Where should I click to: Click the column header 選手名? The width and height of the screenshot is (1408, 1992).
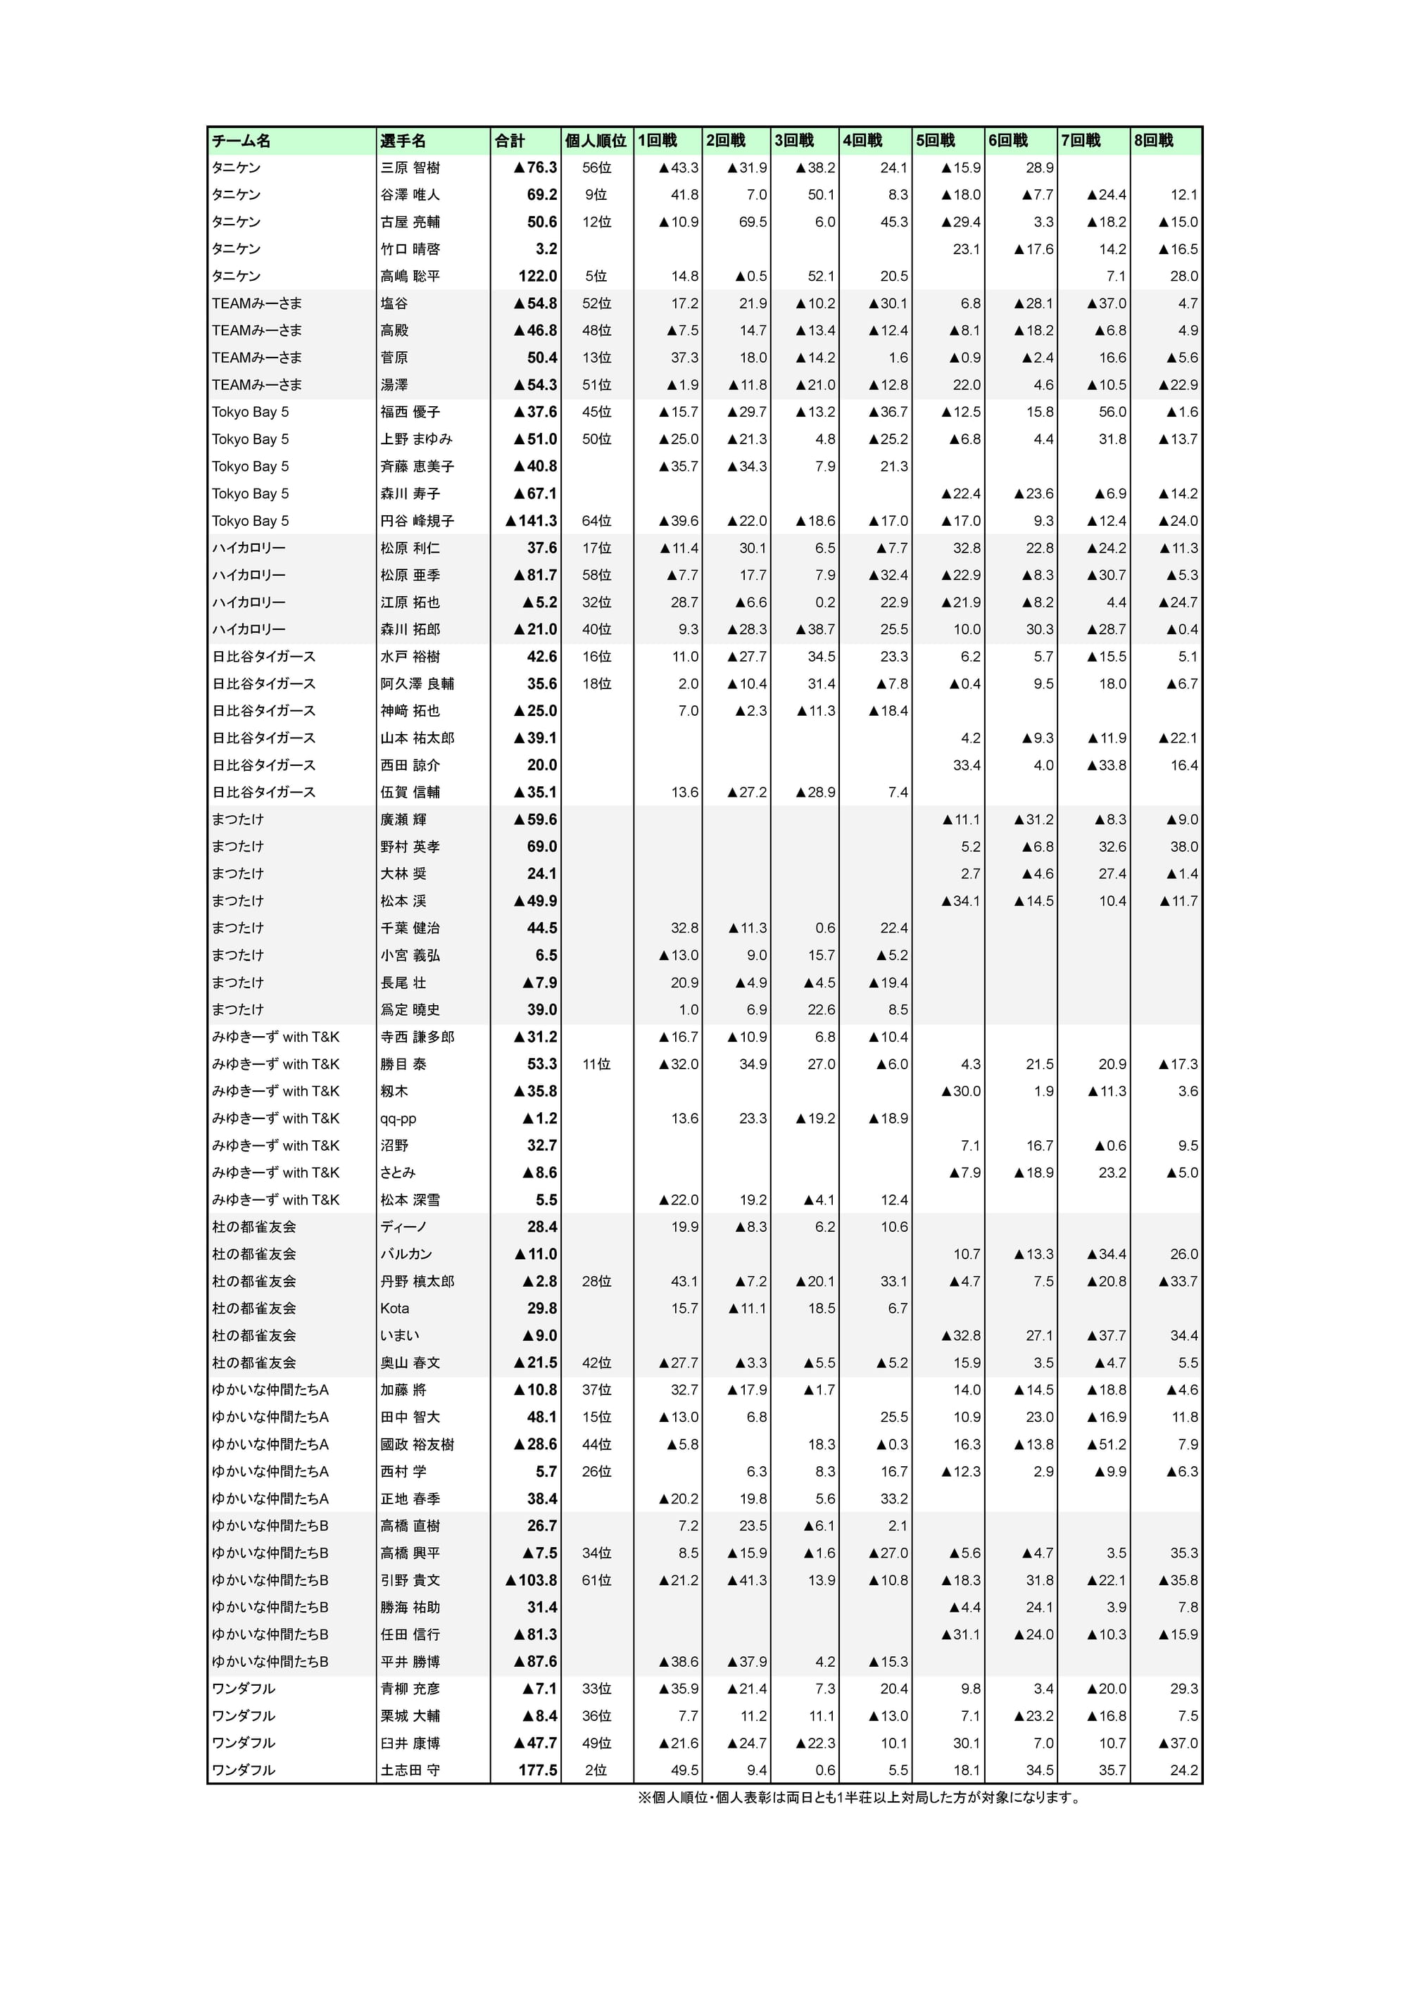[403, 141]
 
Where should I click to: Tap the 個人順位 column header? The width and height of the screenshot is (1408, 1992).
[596, 141]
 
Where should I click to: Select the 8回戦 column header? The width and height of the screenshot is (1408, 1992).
[1154, 141]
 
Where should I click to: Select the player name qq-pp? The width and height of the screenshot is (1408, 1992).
[398, 1118]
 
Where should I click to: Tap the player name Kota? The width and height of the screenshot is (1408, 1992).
[395, 1309]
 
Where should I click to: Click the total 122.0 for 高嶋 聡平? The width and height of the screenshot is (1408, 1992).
[538, 276]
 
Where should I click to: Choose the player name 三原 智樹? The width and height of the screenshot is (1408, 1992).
[410, 168]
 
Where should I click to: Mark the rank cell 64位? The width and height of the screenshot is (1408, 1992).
[596, 521]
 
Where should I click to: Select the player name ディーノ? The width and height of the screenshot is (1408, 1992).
[403, 1227]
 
